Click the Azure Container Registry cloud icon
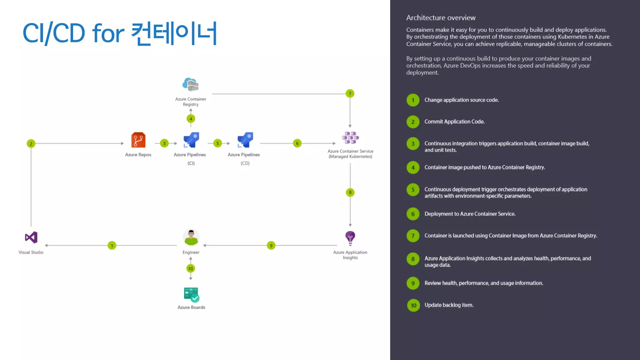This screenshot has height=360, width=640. coord(190,84)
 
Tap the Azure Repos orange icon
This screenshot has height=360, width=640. coord(138,140)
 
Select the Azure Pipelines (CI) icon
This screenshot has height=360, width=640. coord(191,140)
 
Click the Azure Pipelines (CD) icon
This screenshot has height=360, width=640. coord(245,140)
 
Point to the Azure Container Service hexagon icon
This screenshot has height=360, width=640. coord(350,137)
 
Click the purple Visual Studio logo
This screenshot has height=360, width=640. coord(31,237)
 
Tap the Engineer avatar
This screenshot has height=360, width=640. coord(191,237)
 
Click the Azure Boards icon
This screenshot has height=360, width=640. coord(191,294)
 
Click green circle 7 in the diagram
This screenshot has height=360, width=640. coord(350,94)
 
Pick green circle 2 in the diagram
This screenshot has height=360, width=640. coord(31,144)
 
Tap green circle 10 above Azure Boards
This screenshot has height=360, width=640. coord(191,268)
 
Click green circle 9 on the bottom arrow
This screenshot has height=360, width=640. coord(271,246)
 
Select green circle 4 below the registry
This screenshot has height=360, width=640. coord(191,119)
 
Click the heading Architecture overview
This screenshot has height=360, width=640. coord(441,18)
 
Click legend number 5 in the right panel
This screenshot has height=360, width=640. coord(413,190)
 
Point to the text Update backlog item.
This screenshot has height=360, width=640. coord(449,305)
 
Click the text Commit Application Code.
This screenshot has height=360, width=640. coord(454,122)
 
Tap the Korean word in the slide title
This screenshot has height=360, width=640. coord(174,33)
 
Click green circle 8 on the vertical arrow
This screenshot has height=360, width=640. coord(350,192)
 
